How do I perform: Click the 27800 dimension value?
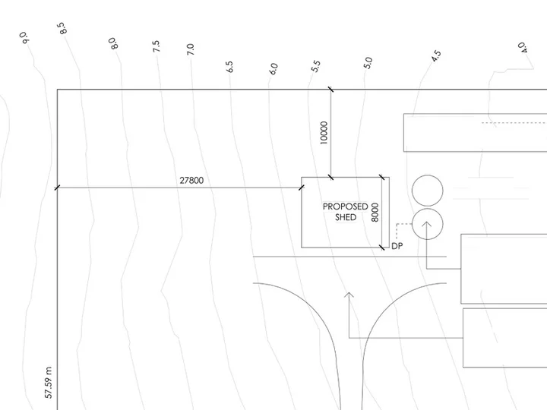point(191,180)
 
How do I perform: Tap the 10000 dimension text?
point(324,133)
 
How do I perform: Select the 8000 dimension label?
point(375,213)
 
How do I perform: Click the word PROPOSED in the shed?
point(346,207)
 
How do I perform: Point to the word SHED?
point(346,217)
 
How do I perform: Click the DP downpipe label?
point(397,246)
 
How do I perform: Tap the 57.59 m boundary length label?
point(49,383)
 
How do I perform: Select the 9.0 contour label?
point(24,38)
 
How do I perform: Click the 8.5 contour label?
point(62,28)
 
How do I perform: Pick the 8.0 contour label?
point(113,43)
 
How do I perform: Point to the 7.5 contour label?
point(156,46)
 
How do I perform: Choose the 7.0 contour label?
point(190,49)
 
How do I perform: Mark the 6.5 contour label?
point(229,67)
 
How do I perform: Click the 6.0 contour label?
point(273,68)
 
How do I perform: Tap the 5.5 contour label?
point(315,66)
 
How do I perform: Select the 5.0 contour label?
point(368,63)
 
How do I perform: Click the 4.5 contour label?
point(436,56)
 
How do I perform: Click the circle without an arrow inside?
point(427,191)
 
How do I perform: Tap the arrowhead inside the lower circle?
point(427,224)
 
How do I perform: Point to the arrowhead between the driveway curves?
point(349,295)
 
